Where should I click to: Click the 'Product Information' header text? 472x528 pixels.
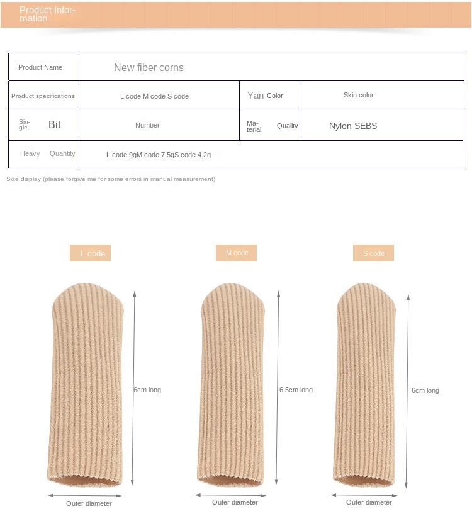coord(47,14)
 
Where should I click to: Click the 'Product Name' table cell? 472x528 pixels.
coord(40,67)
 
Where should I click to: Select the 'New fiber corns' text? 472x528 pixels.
coord(149,67)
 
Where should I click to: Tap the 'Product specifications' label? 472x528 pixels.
coord(43,96)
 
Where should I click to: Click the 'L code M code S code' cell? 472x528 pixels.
coord(154,96)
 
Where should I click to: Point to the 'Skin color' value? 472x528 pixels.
coord(359,95)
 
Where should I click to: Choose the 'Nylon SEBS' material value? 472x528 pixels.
coord(353,126)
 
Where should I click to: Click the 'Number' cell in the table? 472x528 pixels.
coord(147,125)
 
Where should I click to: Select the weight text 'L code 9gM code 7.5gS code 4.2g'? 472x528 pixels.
coord(158,155)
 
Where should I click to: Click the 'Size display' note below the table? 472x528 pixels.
coord(111,179)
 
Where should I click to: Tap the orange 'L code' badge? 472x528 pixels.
coord(91,253)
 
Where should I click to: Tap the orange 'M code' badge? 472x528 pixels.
coord(237,253)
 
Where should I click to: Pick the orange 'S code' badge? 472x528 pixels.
coord(373,253)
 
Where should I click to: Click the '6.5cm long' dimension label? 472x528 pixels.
coord(296,390)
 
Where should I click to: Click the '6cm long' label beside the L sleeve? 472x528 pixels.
coord(147,390)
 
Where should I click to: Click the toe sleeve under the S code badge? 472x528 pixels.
coord(366,387)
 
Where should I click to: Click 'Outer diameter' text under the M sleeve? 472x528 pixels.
coord(235,502)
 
